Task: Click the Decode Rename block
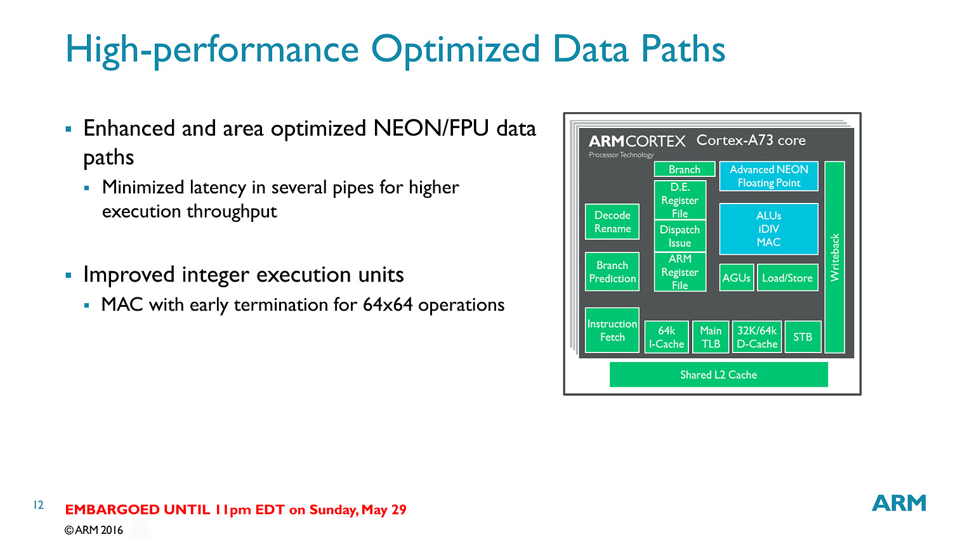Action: pos(612,221)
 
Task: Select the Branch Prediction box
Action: pos(612,271)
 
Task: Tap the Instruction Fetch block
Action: pos(612,330)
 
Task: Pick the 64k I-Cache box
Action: pos(666,337)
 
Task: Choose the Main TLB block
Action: pos(711,337)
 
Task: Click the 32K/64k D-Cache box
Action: pos(756,337)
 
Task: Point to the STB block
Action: pos(803,337)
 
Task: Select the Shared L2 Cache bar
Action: pos(718,374)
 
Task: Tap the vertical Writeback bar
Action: pos(834,257)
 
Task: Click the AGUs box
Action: pos(736,277)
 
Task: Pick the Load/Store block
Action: pos(787,277)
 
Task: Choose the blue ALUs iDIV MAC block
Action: pos(768,229)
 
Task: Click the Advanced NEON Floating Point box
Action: pos(768,176)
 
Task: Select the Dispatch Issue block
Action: pos(679,236)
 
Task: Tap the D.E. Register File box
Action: pos(679,200)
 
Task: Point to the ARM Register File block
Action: pos(679,272)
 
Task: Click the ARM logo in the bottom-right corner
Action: pos(899,503)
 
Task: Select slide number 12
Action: pos(39,505)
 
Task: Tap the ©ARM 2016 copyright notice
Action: pos(94,530)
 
